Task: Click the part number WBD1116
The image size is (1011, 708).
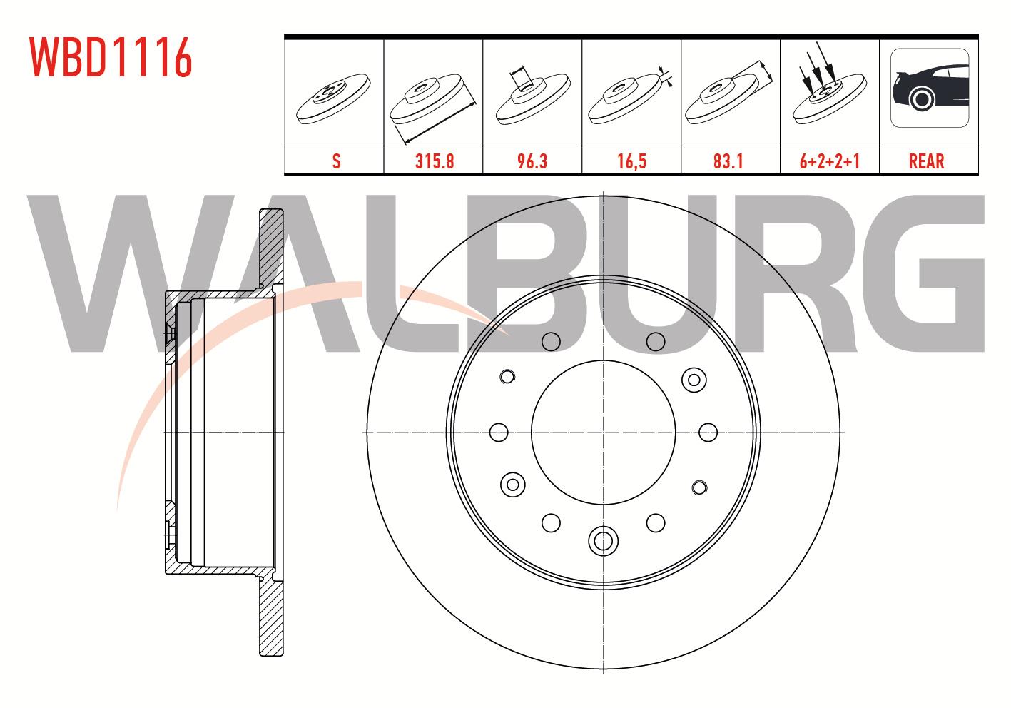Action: pos(111,57)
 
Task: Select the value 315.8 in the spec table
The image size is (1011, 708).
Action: pos(435,161)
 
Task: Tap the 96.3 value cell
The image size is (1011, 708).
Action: pos(532,161)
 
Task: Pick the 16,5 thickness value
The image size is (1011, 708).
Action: pos(632,161)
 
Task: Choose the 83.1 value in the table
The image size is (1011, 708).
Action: pos(728,161)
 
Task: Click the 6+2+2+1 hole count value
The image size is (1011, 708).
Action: pos(830,161)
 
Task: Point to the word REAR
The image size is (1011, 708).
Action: pos(927,161)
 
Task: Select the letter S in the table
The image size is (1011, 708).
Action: pos(336,161)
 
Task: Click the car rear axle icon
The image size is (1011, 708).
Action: pos(930,88)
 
